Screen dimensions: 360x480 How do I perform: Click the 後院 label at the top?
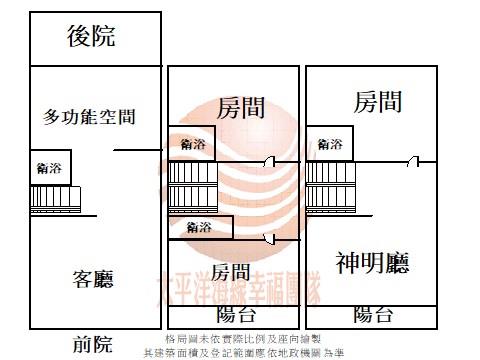pyautogui.click(x=91, y=38)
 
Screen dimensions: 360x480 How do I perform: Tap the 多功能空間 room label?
pyautogui.click(x=90, y=117)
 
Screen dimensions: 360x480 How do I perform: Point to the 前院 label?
pyautogui.click(x=93, y=345)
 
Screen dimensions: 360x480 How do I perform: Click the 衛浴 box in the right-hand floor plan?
pyautogui.click(x=329, y=142)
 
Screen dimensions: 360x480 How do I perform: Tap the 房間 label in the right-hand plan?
pyautogui.click(x=378, y=101)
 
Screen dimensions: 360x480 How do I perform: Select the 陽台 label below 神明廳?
pyautogui.click(x=373, y=315)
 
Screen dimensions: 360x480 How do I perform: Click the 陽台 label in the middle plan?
pyautogui.click(x=235, y=315)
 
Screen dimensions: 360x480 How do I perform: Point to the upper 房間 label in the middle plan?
pyautogui.click(x=240, y=105)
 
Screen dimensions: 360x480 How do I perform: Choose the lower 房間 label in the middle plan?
pyautogui.click(x=230, y=271)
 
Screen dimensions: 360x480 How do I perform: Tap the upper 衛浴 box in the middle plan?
pyautogui.click(x=192, y=143)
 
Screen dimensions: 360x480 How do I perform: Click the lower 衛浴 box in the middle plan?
pyautogui.click(x=200, y=227)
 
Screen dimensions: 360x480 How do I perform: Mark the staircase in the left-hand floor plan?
pyautogui.click(x=54, y=197)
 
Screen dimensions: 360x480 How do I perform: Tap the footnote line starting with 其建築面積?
pyautogui.click(x=243, y=352)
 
